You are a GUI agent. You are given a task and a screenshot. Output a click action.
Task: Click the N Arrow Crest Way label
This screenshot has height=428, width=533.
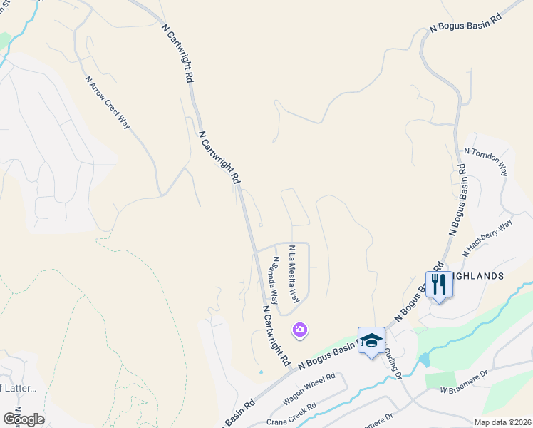[x=108, y=103]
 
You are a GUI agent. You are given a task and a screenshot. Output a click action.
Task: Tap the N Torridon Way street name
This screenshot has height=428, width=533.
[x=485, y=162]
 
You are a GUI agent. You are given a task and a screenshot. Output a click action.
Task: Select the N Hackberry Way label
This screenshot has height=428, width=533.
[x=487, y=238]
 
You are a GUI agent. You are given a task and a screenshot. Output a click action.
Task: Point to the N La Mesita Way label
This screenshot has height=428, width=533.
[x=292, y=272]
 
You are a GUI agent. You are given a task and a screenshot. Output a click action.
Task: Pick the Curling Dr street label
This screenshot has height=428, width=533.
[x=393, y=363]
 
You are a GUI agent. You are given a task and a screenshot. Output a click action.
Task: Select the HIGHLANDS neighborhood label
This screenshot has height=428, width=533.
[x=479, y=275]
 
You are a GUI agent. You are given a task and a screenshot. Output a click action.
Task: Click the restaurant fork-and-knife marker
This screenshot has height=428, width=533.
[x=438, y=285]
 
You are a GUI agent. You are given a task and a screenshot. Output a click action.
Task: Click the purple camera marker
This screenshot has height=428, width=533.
[x=300, y=329]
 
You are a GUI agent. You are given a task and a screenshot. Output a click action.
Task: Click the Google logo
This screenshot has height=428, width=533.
[x=24, y=419]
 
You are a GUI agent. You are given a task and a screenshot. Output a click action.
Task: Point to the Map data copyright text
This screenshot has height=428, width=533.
[x=502, y=422]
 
